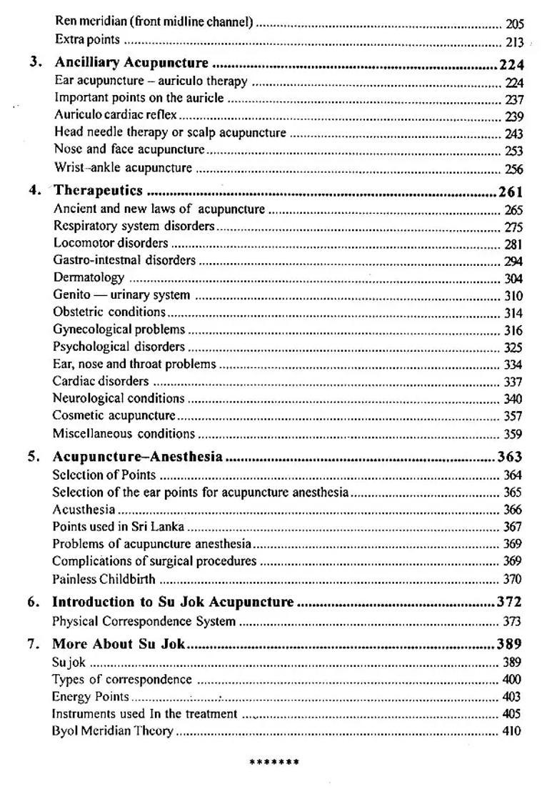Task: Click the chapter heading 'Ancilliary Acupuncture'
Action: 131,64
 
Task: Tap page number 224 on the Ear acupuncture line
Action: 513,83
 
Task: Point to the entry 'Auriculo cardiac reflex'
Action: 116,115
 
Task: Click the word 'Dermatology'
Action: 89,277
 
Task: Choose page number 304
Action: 513,279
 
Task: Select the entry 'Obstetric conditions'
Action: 109,312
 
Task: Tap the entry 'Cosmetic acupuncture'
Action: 114,415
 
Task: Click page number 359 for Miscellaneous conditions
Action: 513,434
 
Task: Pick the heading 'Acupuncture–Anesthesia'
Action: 137,457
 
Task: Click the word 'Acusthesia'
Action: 84,510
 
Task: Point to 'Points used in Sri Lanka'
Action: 118,527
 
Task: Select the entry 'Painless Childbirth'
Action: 104,579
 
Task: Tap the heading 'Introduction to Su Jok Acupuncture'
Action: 173,602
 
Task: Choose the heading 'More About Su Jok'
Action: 119,643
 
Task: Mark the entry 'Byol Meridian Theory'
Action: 112,731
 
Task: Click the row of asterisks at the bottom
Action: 274,762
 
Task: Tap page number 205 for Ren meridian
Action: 514,24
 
